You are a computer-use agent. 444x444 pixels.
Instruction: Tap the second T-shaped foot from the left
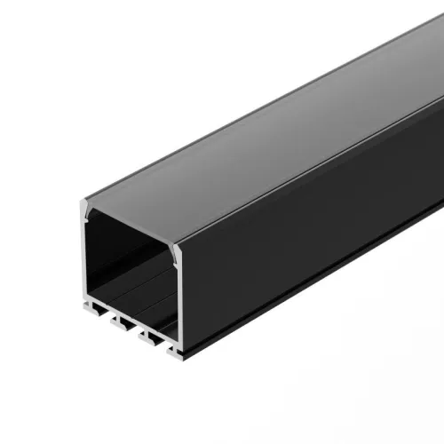click(120, 324)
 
